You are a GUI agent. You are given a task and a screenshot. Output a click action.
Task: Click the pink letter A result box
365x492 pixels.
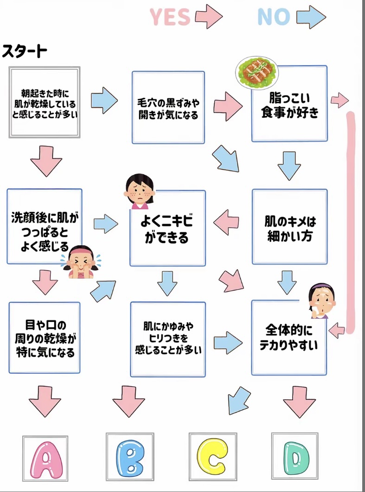click(45, 457)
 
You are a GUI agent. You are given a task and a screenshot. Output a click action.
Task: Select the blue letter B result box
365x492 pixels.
click(129, 457)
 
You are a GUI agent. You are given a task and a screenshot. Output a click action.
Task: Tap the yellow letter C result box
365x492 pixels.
click(213, 457)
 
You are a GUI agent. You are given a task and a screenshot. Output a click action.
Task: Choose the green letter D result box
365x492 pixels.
click(295, 457)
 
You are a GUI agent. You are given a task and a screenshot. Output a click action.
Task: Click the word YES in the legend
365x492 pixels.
click(170, 17)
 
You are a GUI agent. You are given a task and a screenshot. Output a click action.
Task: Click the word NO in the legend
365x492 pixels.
click(274, 17)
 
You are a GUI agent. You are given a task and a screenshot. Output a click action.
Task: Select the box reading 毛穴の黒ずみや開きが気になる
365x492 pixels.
click(168, 108)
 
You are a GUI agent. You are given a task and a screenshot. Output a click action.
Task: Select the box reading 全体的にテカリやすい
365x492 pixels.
click(289, 338)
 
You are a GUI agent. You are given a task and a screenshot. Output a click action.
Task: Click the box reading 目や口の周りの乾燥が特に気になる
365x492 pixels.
click(44, 338)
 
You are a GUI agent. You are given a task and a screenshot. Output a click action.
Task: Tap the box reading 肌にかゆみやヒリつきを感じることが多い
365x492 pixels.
click(168, 339)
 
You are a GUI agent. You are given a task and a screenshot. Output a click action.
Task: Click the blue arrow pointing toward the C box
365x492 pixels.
click(238, 400)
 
